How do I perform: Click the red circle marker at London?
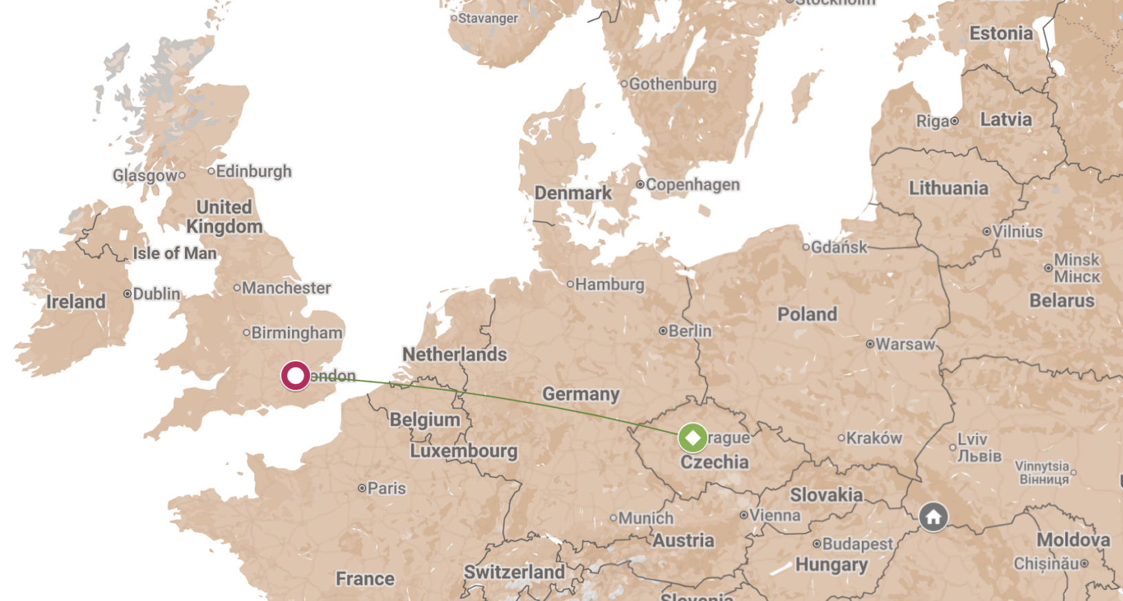(296, 376)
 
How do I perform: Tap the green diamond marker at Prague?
(693, 438)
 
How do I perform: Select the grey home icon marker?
(933, 517)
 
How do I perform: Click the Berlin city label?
(689, 331)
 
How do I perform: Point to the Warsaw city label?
(904, 344)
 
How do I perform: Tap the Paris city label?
(386, 488)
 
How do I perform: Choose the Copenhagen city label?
(692, 185)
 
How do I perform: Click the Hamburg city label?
(609, 284)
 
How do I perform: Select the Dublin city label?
(156, 294)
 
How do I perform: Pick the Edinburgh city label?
(253, 171)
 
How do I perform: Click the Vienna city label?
(774, 515)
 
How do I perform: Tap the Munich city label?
(645, 518)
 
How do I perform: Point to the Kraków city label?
(874, 438)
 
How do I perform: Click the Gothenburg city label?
(672, 84)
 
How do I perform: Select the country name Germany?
(581, 394)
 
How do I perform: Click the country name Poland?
(807, 315)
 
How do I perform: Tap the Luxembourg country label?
(463, 451)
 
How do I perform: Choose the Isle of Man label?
(175, 253)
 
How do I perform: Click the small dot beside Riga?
(954, 122)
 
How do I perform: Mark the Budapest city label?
(857, 544)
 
